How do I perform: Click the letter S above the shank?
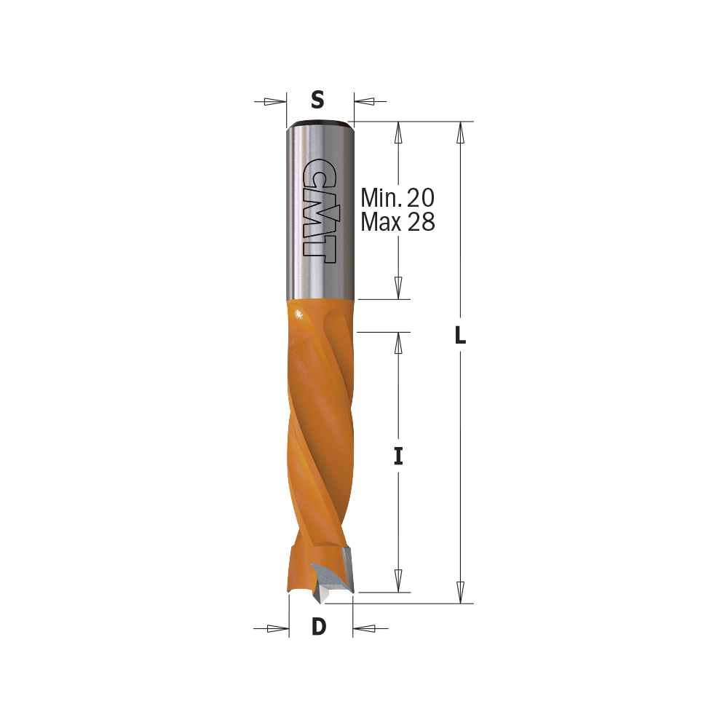[x=317, y=100]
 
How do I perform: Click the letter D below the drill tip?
[x=319, y=627]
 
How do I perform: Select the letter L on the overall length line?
[x=460, y=335]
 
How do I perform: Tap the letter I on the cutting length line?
[x=398, y=456]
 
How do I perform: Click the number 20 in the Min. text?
[x=421, y=198]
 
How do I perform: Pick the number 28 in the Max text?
[x=422, y=222]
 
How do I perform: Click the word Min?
[x=381, y=198]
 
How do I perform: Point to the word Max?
[x=381, y=222]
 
